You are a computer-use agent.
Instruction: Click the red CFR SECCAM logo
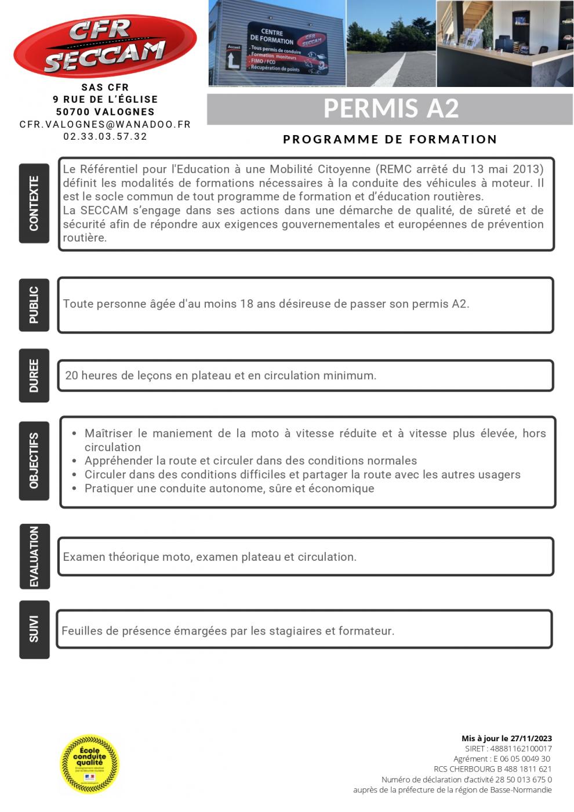[x=105, y=46]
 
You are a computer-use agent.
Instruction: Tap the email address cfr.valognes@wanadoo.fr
[x=105, y=124]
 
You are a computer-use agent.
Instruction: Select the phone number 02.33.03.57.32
[x=105, y=137]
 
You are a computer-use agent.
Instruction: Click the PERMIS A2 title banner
[x=390, y=109]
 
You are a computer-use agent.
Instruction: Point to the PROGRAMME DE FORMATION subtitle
[x=390, y=139]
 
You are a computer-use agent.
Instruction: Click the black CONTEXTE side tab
[x=34, y=203]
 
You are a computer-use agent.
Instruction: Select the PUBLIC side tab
[x=34, y=305]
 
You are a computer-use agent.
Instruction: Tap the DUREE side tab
[x=34, y=375]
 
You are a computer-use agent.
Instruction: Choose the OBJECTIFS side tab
[x=34, y=461]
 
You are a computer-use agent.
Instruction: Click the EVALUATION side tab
[x=34, y=556]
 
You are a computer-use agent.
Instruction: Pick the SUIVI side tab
[x=34, y=629]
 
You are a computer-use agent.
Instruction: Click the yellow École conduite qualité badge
[x=90, y=764]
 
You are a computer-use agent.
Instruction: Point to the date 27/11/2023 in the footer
[x=531, y=738]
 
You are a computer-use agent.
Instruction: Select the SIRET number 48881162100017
[x=521, y=749]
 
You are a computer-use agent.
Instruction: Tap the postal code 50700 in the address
[x=72, y=112]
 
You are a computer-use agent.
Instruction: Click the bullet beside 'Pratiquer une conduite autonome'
[x=74, y=489]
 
